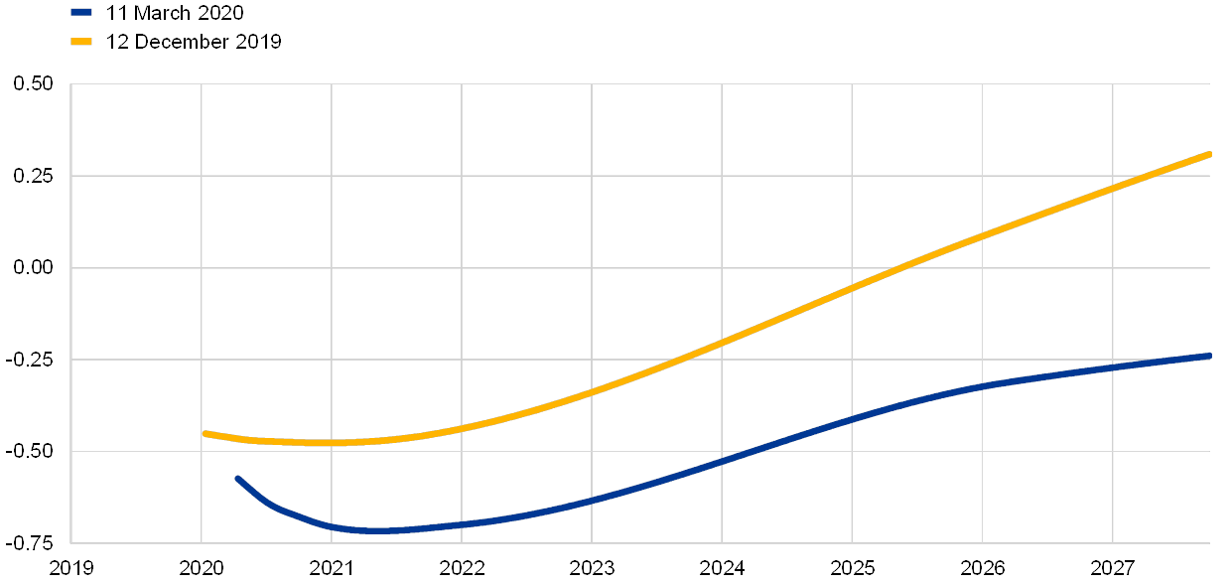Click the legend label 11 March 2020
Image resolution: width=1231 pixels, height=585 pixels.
point(175,13)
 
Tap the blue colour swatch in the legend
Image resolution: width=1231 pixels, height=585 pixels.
point(82,13)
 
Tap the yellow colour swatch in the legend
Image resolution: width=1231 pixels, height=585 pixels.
point(82,41)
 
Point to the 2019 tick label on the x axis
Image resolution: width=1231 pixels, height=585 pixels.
point(71,568)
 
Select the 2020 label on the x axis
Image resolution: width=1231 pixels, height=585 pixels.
point(202,568)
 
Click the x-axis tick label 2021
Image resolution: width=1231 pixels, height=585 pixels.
point(332,568)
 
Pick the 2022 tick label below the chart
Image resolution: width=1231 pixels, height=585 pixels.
point(462,568)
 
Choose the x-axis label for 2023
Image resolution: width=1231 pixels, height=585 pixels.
point(592,568)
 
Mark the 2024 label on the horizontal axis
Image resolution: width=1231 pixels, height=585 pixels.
point(722,568)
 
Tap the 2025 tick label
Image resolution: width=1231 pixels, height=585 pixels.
point(852,568)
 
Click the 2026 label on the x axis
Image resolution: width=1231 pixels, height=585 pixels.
point(982,568)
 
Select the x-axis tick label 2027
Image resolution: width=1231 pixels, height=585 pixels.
point(1112,568)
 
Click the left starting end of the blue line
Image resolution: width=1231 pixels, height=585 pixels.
point(237,478)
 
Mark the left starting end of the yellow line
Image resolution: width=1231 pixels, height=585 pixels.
point(205,433)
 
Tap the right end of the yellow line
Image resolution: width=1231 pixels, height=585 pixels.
point(1209,154)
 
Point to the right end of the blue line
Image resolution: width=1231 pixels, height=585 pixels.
point(1209,355)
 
